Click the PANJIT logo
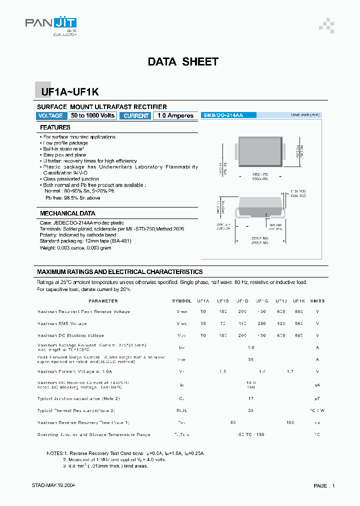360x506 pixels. (x=50, y=25)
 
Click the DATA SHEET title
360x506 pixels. (x=183, y=62)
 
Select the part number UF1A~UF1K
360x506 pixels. (x=66, y=92)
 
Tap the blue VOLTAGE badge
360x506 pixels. (x=50, y=115)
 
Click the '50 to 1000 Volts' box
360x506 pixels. (x=93, y=115)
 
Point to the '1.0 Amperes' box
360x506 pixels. (x=175, y=115)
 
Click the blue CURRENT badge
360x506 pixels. (x=136, y=115)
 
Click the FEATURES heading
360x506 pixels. (x=55, y=127)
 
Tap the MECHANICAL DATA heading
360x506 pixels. (x=67, y=213)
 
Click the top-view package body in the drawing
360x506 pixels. (x=259, y=150)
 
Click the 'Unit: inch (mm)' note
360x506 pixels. (x=305, y=115)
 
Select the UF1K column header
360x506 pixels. (x=299, y=301)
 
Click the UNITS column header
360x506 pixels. (x=317, y=301)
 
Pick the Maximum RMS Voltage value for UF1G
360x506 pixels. (x=261, y=323)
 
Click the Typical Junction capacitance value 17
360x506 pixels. (x=251, y=398)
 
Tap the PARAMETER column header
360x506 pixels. (x=103, y=301)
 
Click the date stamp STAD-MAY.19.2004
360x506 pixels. (x=54, y=485)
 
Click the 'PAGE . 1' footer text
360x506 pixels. (x=324, y=485)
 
